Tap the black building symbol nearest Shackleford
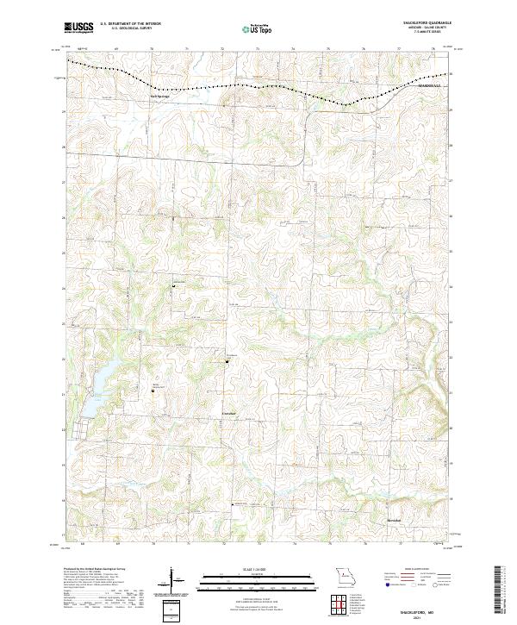click(x=227, y=361)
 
